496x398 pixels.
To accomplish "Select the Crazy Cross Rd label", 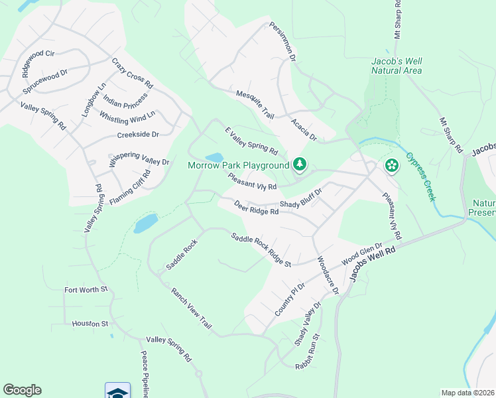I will click(x=132, y=74).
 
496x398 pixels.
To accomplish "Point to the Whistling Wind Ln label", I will click(x=127, y=116).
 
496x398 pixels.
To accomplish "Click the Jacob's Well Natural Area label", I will click(x=397, y=66).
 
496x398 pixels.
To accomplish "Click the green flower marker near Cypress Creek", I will click(x=392, y=165).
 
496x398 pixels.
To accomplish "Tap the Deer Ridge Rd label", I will click(x=255, y=207).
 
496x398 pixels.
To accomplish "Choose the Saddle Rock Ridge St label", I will click(x=261, y=250).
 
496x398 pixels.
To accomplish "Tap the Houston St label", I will click(x=90, y=324).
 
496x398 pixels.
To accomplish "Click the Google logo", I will click(x=22, y=390).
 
